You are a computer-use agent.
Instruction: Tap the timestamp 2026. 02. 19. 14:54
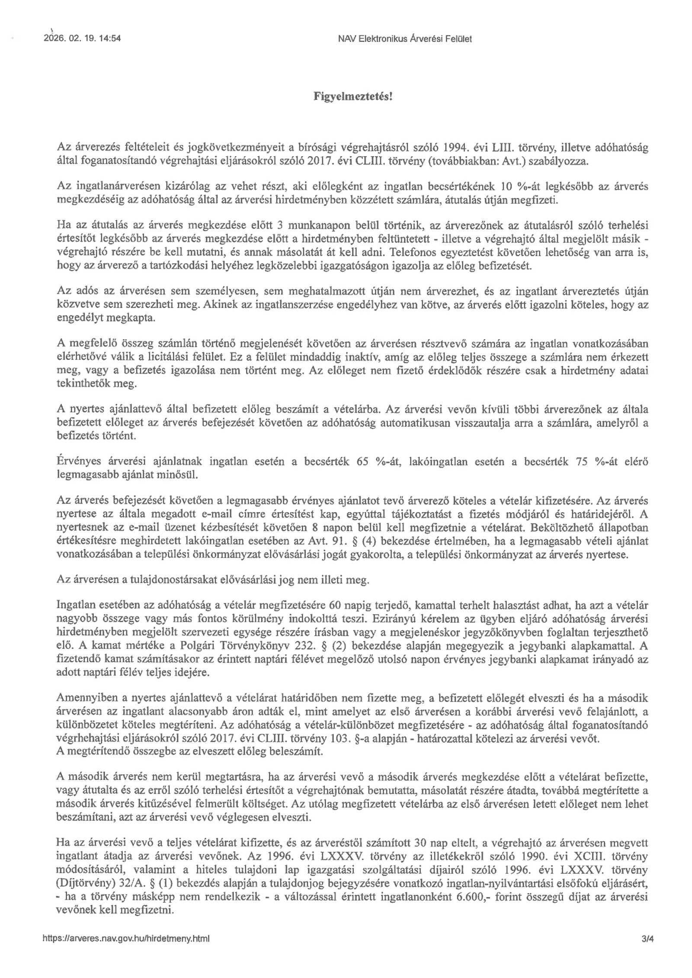pos(82,38)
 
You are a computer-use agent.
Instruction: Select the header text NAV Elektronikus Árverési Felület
pos(404,39)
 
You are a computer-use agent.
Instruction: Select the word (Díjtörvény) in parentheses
pos(80,883)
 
